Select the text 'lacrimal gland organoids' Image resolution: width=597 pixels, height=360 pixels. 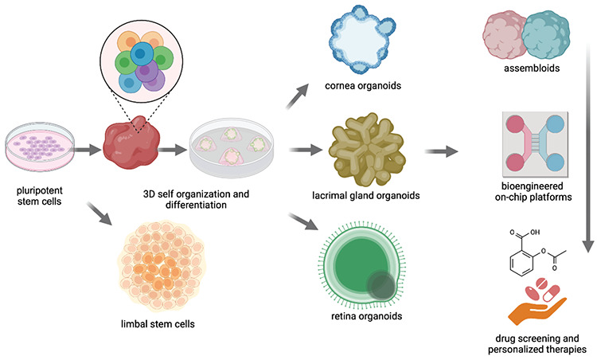click(362, 194)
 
